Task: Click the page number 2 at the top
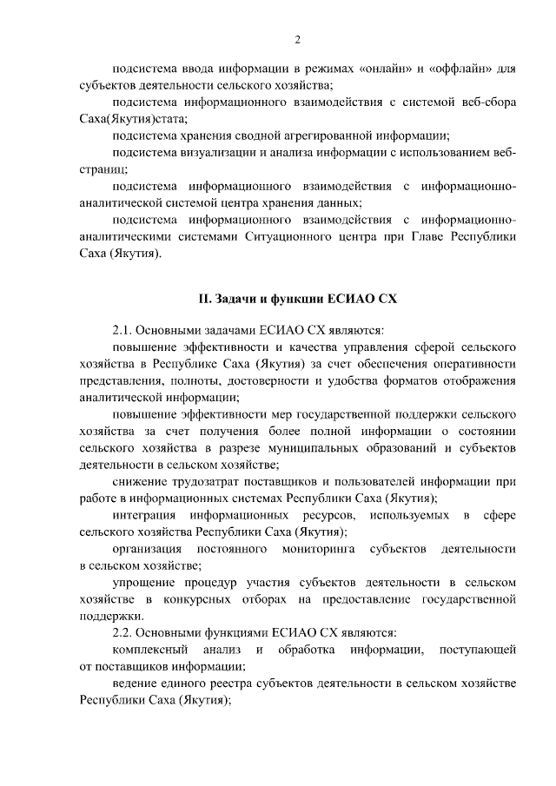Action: (297, 39)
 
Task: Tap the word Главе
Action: (417, 236)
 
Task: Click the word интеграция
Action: (145, 516)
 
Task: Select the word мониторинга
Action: (321, 549)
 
